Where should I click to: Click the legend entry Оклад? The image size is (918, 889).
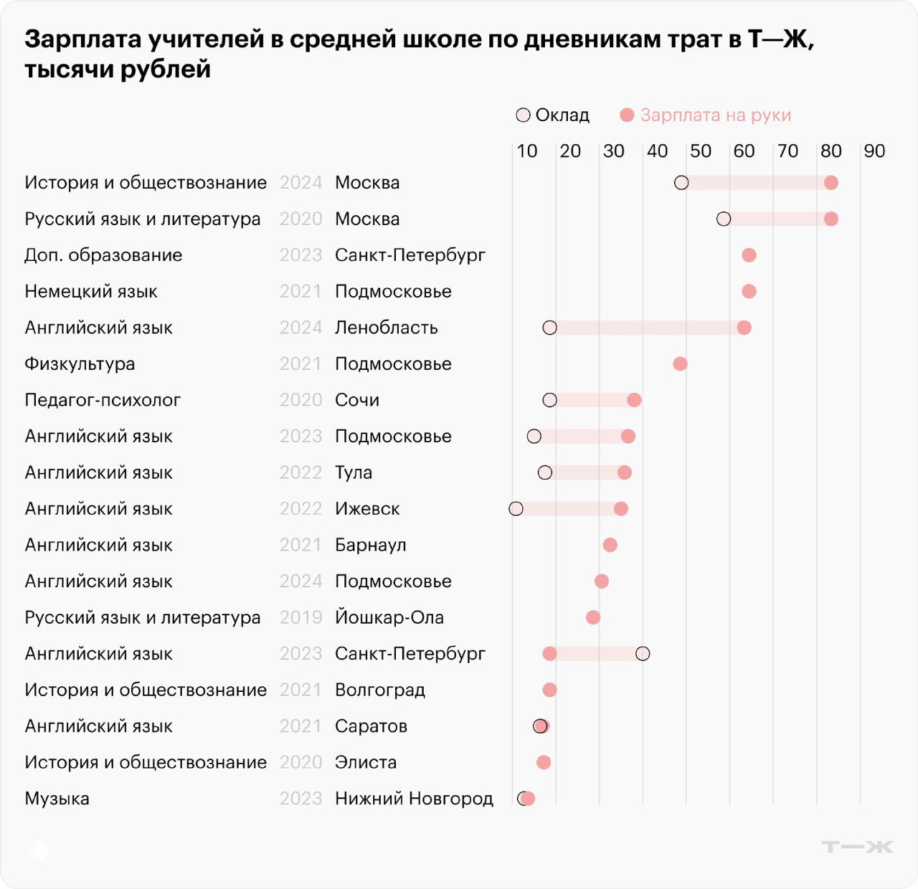click(553, 115)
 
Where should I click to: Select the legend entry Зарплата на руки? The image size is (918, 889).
click(706, 115)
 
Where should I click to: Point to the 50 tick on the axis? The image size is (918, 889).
click(700, 151)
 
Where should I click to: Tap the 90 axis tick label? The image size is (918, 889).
click(874, 151)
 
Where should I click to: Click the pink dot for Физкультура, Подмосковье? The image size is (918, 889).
click(680, 364)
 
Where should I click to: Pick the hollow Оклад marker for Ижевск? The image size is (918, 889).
click(516, 509)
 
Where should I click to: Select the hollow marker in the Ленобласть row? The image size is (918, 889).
click(549, 328)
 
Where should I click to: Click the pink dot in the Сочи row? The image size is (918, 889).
click(634, 400)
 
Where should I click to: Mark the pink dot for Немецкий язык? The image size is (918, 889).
click(749, 291)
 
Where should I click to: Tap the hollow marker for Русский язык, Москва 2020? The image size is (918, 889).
click(724, 219)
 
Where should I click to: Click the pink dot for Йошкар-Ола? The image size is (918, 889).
click(593, 617)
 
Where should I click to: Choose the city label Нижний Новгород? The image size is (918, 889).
click(414, 799)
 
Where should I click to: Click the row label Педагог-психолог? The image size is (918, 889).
click(103, 400)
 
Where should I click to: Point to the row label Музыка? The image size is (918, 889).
click(57, 799)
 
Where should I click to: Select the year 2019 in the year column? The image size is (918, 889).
click(301, 617)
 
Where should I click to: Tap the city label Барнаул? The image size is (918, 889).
click(370, 545)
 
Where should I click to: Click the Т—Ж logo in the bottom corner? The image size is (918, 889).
click(856, 847)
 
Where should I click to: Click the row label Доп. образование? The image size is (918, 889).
click(103, 255)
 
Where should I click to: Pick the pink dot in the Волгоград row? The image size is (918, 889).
click(549, 690)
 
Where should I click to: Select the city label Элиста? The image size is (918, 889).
click(365, 762)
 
